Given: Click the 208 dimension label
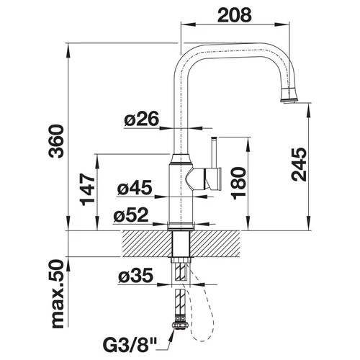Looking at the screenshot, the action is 235,15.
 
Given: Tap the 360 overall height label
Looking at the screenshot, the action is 57,141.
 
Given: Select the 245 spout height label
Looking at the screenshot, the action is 299,164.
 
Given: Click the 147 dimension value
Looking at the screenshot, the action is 88,189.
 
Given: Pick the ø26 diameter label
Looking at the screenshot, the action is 142,119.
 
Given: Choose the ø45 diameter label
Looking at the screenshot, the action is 135,187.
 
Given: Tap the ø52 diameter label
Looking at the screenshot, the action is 131,215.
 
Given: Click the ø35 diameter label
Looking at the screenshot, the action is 135,275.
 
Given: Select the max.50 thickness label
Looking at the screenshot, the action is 58,294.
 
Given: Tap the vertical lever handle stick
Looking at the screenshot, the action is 214,153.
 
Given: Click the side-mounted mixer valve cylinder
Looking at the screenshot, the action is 211,179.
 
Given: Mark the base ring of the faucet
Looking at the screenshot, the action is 181,226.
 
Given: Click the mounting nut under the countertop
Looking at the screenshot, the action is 181,260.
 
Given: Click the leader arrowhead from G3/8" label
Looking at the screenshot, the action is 174,333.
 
